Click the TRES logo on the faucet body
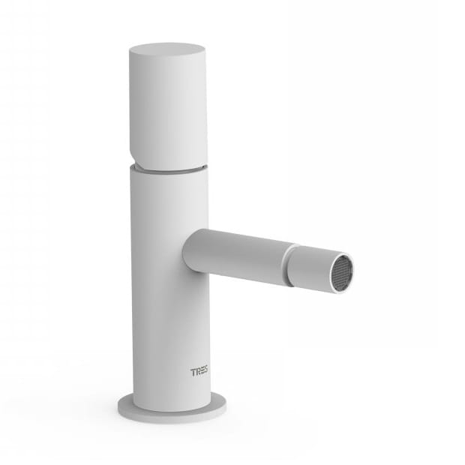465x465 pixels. click(199, 372)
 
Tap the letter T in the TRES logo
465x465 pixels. click(193, 372)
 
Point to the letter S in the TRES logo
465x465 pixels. click(205, 372)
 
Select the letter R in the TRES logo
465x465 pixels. click(197, 372)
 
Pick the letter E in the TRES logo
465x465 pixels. click(202, 372)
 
